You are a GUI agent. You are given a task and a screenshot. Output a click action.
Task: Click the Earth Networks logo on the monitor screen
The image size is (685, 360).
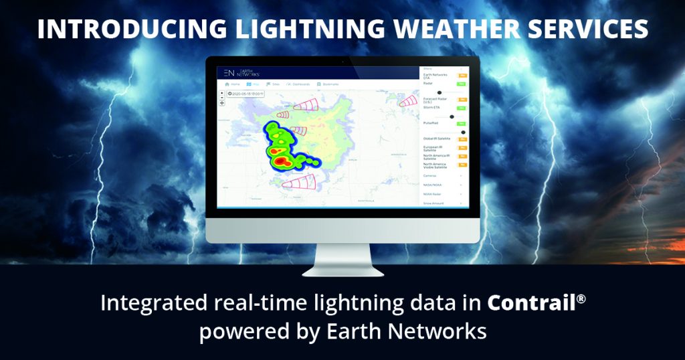pyautogui.click(x=241, y=72)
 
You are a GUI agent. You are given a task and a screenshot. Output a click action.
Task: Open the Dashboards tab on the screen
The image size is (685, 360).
pyautogui.click(x=297, y=84)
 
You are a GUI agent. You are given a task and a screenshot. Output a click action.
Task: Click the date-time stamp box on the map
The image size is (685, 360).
pyautogui.click(x=246, y=94)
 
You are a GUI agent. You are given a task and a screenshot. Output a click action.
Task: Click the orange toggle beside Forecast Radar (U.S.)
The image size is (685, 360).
pyautogui.click(x=462, y=100)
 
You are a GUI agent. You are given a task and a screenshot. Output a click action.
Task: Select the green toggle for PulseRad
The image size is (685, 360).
pyautogui.click(x=462, y=124)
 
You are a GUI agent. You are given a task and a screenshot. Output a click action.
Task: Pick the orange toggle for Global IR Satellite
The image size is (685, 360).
pyautogui.click(x=462, y=139)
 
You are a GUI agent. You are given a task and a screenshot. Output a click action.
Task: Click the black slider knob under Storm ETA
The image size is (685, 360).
pyautogui.click(x=452, y=116)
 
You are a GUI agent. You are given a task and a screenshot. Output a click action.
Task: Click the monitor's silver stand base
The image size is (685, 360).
pyautogui.click(x=342, y=271)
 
